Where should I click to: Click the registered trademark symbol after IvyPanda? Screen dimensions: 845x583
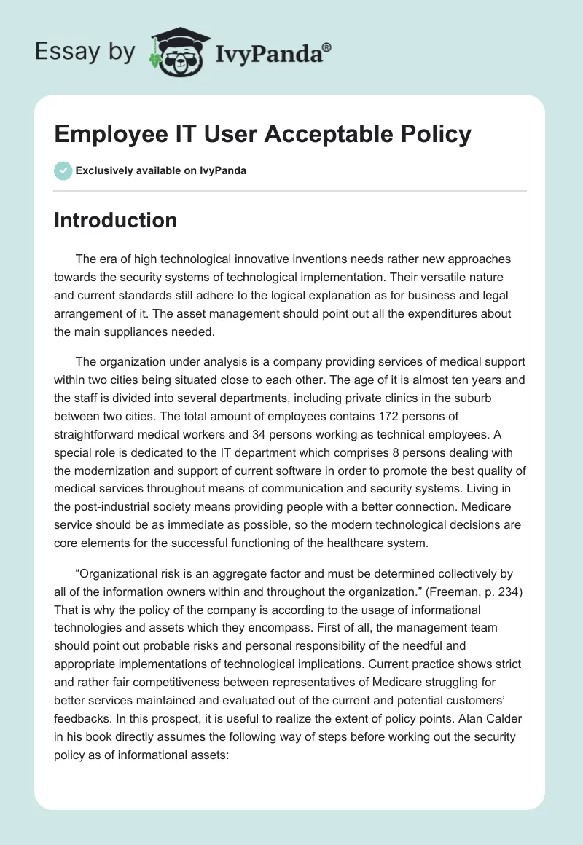(x=326, y=47)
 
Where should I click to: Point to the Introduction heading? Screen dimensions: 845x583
(x=115, y=220)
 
